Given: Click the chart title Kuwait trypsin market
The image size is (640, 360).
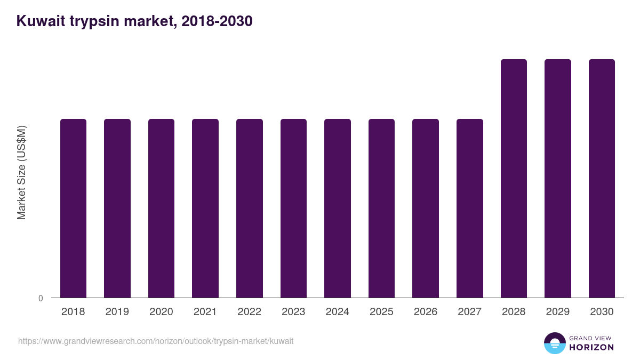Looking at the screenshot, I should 134,21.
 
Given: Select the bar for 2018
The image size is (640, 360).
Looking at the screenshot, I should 73,208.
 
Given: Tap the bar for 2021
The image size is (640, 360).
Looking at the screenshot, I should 205,208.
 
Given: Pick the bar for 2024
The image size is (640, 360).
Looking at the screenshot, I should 338,208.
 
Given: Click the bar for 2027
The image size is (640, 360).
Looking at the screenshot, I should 470,208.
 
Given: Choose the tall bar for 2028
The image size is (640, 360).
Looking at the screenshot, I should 514,179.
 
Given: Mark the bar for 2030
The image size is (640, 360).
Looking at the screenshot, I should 602,179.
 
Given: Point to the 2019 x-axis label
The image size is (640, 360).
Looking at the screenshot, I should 117,312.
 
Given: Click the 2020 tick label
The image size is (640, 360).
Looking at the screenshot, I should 161,312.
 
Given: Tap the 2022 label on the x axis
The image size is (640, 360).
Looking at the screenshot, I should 249,312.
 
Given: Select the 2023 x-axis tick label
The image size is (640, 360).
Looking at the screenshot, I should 293,312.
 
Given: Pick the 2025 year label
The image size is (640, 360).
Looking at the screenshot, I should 381,312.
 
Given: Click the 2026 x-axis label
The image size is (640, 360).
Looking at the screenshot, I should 426,312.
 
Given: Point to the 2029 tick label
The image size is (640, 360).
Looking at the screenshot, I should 558,312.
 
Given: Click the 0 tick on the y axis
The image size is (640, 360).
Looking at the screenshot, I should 41,299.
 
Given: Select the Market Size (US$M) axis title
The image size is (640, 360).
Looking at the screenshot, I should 21,172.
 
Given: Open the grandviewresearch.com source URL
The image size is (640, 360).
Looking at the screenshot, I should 156,341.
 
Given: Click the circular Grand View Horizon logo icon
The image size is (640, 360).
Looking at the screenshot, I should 555,343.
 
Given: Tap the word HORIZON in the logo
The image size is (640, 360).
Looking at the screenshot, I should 591,347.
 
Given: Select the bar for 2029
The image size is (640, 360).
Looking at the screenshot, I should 558,179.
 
